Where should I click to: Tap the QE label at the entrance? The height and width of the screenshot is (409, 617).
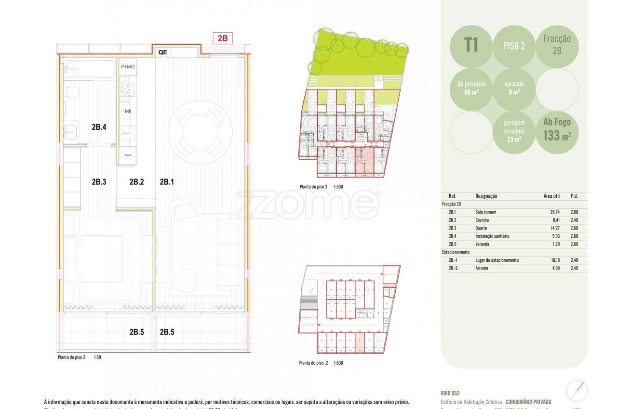(x=162, y=52)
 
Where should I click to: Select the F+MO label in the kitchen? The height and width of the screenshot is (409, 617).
(x=128, y=67)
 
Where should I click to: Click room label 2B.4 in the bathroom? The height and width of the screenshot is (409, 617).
(x=99, y=128)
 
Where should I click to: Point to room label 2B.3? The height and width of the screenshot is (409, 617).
(x=99, y=182)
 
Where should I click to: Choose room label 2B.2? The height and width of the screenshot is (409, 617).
(x=137, y=182)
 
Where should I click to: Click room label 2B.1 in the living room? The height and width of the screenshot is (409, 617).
(x=167, y=182)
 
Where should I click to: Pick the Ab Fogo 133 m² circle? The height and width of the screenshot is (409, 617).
(x=557, y=130)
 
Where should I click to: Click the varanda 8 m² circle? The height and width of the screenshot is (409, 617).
(x=514, y=88)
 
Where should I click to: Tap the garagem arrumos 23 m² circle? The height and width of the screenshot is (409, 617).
(x=514, y=131)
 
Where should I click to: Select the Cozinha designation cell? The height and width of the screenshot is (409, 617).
(x=483, y=220)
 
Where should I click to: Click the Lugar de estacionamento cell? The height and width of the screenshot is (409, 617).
(x=496, y=260)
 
